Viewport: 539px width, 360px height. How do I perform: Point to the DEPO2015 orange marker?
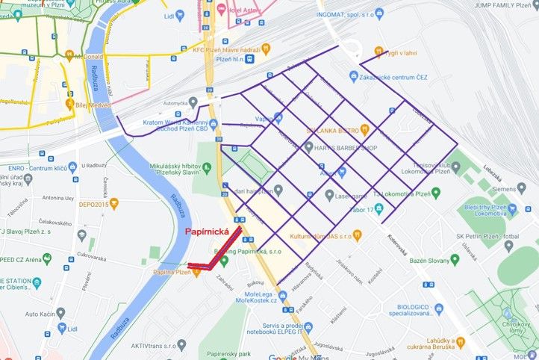coord(93,203)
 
